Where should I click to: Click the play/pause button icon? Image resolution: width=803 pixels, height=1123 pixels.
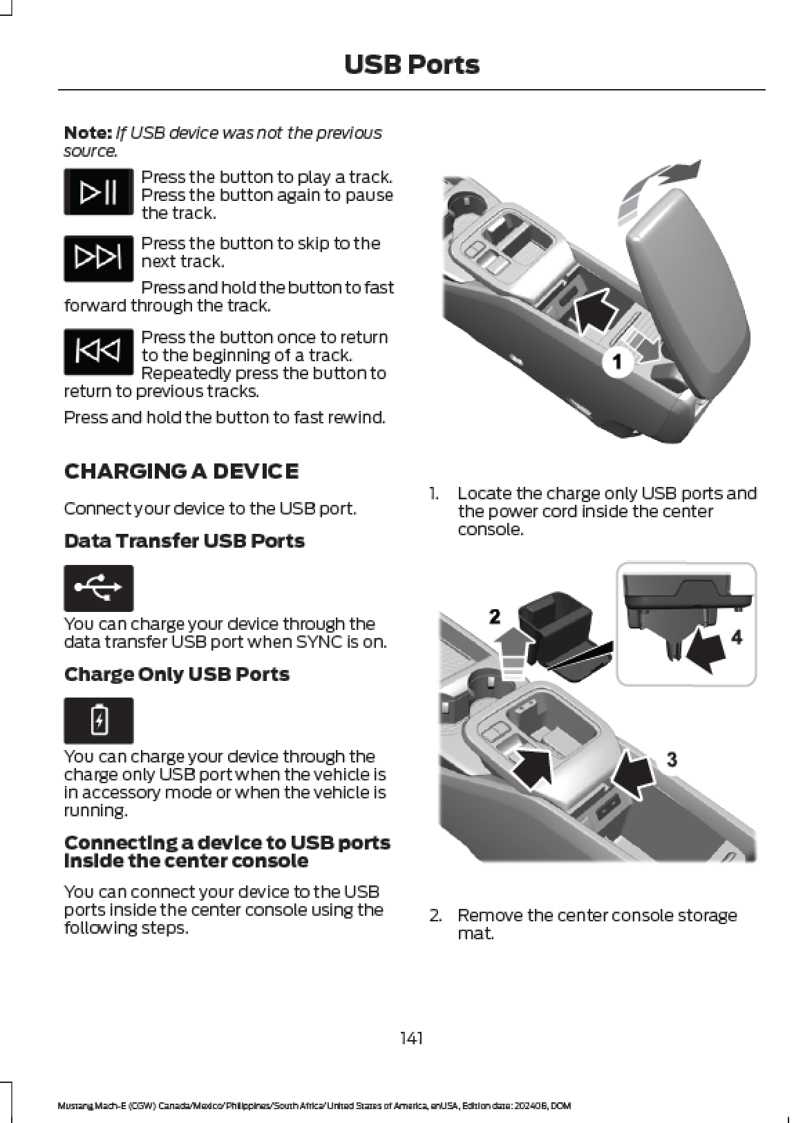(98, 191)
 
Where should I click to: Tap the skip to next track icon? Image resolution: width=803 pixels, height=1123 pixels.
(98, 258)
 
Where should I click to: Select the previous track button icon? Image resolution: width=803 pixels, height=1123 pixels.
(98, 352)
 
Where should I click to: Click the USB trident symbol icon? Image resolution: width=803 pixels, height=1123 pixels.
(98, 588)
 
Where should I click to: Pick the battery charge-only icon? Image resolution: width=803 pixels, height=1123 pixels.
(98, 720)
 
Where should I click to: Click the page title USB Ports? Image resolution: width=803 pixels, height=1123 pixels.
(411, 65)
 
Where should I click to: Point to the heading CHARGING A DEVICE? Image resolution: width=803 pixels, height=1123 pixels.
(181, 471)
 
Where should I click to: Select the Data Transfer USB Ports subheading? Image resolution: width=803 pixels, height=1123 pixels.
(184, 541)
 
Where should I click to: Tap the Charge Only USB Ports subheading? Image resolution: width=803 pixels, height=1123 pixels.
(176, 674)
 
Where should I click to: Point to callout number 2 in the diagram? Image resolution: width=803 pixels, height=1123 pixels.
(495, 617)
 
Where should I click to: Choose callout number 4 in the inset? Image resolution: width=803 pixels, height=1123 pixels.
(736, 637)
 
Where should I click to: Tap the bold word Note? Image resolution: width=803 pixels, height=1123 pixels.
(87, 133)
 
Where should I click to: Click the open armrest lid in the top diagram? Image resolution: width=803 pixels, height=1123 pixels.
(690, 280)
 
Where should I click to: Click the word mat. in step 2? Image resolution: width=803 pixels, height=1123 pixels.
(475, 934)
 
